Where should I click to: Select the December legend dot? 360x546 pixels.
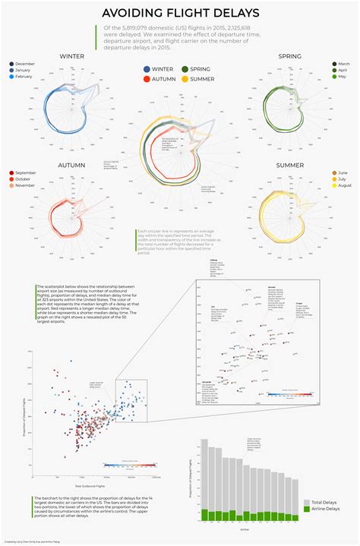coord(11,64)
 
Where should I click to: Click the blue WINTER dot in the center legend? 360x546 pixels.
coord(147,69)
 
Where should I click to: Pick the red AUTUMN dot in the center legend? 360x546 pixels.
coord(147,79)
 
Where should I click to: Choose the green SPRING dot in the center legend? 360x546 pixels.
coord(184,69)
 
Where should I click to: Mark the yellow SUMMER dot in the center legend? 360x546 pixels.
coord(184,79)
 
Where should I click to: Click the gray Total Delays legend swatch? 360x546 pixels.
coord(306,502)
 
